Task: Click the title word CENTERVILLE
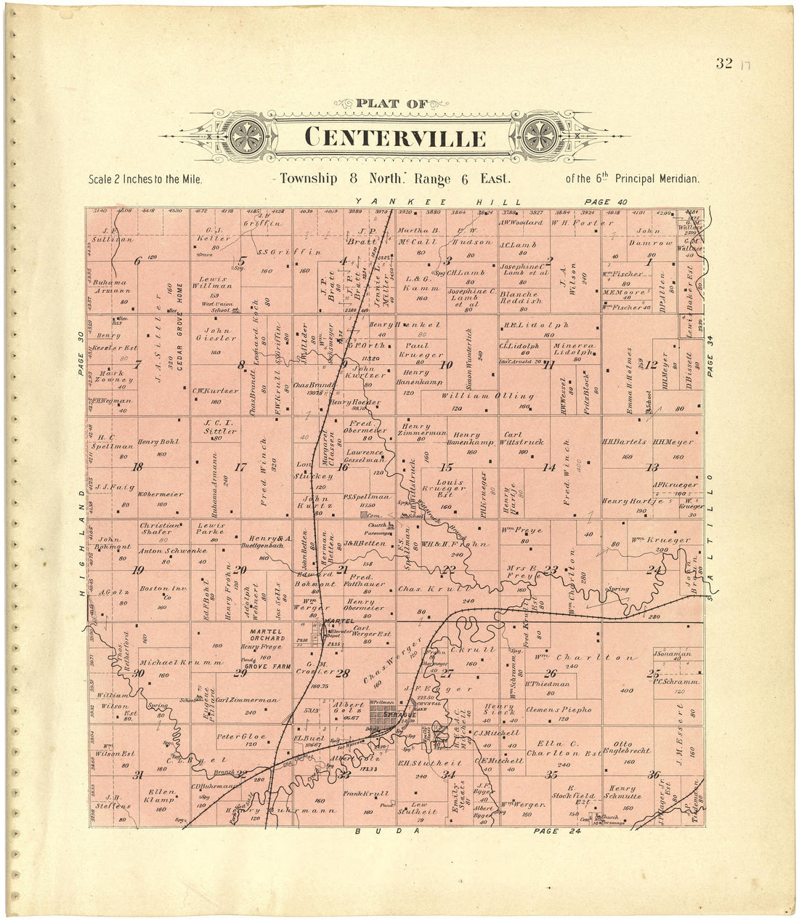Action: click(395, 137)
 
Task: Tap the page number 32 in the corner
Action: click(723, 63)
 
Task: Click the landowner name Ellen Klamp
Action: click(161, 796)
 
